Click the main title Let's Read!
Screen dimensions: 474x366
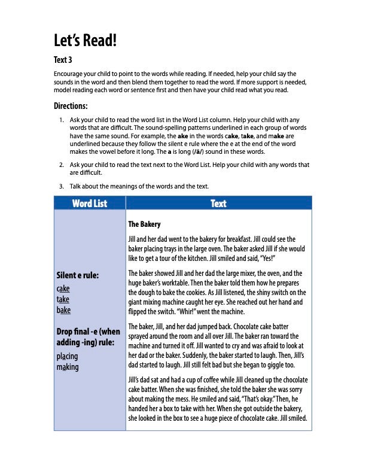(x=85, y=41)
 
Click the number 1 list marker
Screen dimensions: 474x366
(x=62, y=120)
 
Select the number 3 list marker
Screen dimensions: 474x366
(x=62, y=186)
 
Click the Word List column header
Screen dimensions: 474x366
(x=90, y=203)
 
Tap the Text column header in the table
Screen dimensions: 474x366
(x=218, y=203)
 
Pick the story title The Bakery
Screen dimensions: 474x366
(x=145, y=224)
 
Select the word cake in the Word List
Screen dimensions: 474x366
(x=63, y=288)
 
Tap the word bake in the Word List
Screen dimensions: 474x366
(x=63, y=310)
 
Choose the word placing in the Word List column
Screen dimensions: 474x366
(x=67, y=356)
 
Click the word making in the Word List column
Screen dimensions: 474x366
(x=67, y=367)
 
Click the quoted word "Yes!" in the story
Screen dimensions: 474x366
(x=265, y=259)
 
